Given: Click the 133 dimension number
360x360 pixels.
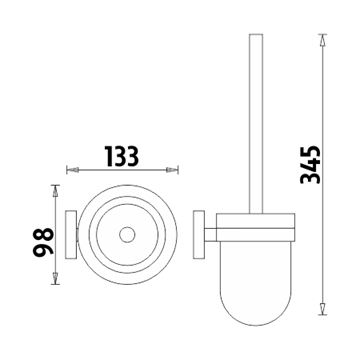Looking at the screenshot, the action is (x=122, y=156).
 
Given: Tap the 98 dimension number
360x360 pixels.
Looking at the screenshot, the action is (x=43, y=241).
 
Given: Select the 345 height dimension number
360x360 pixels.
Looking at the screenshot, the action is (x=310, y=165).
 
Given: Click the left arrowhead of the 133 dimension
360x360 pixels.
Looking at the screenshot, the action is (x=73, y=170).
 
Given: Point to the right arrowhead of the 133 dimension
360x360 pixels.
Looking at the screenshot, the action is (x=172, y=170).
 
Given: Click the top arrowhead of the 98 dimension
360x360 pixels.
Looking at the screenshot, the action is (x=55, y=191).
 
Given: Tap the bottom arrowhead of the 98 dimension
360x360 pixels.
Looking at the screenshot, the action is (x=55, y=278).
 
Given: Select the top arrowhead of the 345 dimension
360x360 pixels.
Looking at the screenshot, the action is (x=322, y=40).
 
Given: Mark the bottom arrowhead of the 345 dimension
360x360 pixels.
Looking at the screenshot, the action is (x=322, y=308).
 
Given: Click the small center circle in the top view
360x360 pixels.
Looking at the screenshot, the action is (x=127, y=235).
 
